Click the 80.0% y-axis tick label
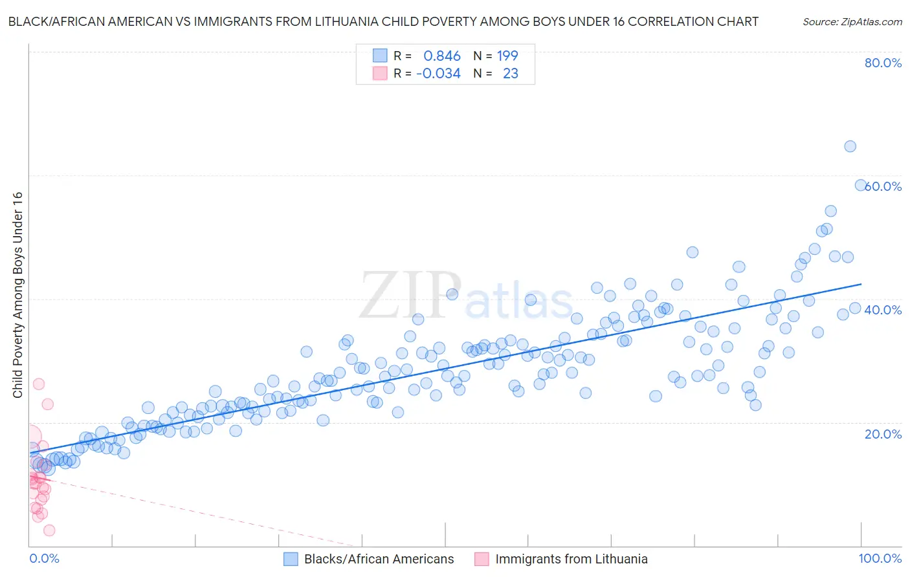point(883,63)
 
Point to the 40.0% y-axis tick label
point(883,310)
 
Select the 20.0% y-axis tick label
point(883,434)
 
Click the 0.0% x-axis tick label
point(44,558)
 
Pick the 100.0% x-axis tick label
point(880,558)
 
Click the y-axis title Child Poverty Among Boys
point(17,295)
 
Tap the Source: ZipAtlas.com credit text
point(852,22)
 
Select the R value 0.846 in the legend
point(442,56)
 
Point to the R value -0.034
point(438,74)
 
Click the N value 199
point(507,56)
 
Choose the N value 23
point(510,74)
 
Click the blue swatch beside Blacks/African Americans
point(291,559)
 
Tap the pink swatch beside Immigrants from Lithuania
point(482,559)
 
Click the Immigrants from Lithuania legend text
point(572,559)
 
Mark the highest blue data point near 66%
point(850,146)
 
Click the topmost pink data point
point(39,384)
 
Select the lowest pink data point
point(49,530)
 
